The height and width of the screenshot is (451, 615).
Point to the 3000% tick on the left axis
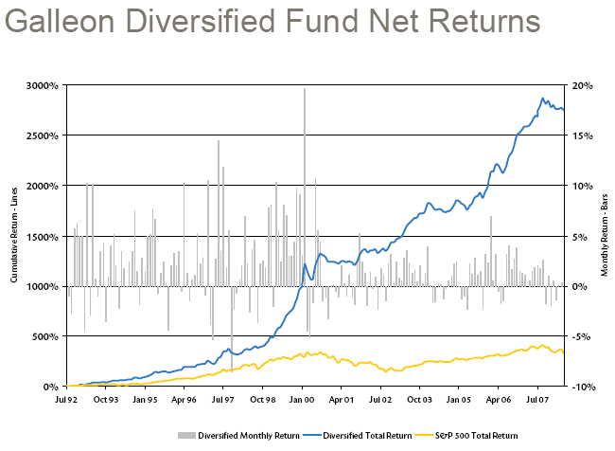[43, 85]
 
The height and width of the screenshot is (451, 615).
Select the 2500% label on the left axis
[43, 135]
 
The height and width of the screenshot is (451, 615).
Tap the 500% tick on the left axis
[45, 336]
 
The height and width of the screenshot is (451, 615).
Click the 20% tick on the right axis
[582, 85]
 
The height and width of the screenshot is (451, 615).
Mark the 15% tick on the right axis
[582, 135]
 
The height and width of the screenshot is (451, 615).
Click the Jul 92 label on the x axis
[66, 401]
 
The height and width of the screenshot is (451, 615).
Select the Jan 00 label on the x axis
[302, 401]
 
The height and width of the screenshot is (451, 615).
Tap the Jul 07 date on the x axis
[537, 401]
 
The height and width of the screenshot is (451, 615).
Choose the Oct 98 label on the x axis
[262, 401]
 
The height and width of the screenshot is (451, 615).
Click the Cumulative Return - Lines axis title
[14, 236]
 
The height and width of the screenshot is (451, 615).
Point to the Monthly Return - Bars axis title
[603, 236]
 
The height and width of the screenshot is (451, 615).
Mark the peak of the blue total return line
[543, 98]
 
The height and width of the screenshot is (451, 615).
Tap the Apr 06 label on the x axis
[498, 401]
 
